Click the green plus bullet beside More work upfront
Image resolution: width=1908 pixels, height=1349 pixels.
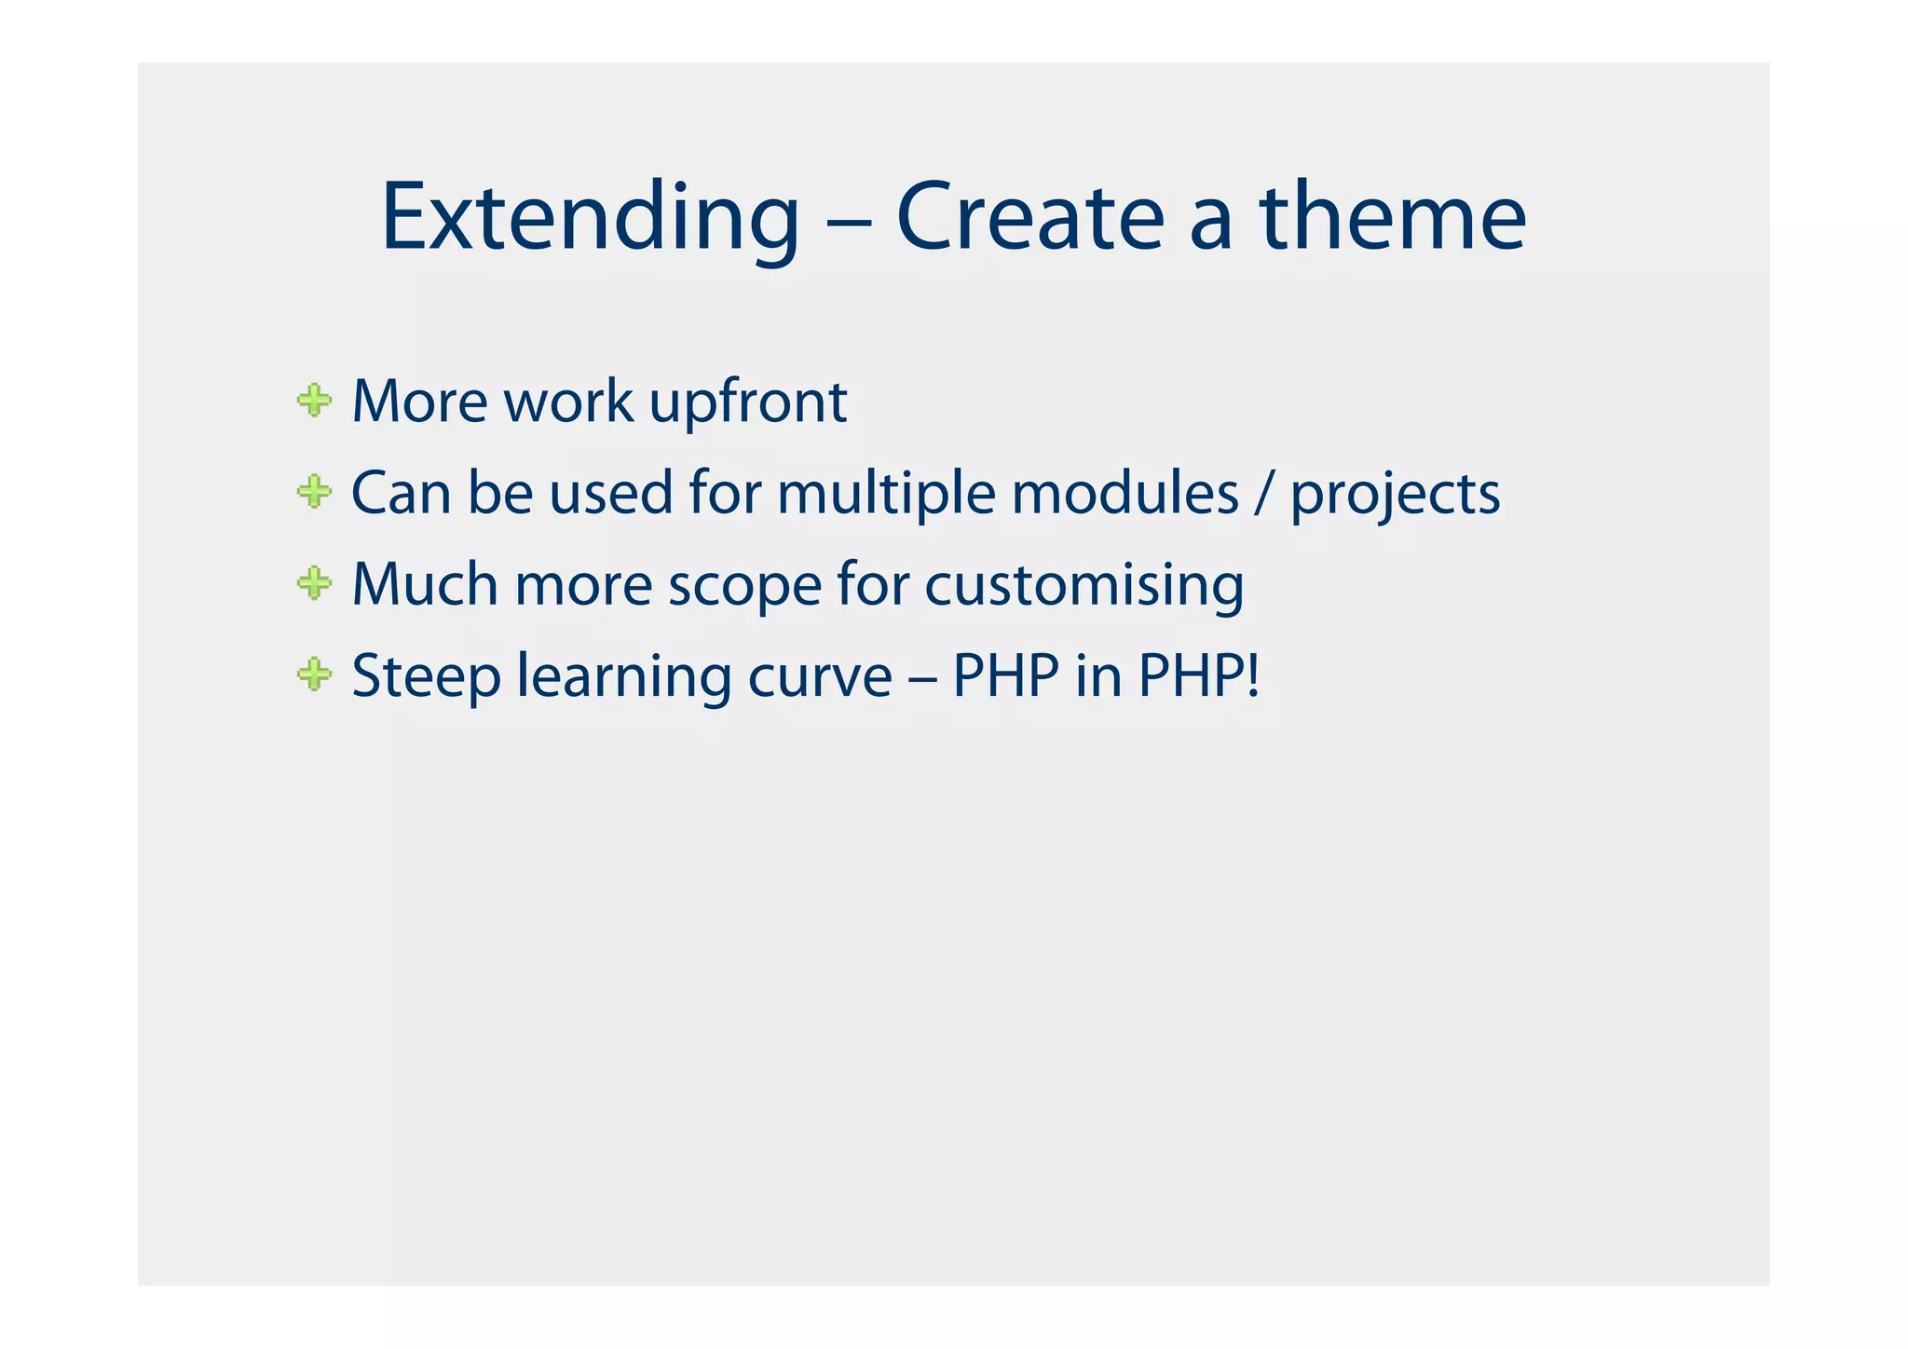(x=314, y=402)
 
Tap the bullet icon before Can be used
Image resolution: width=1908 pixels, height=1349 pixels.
(x=314, y=492)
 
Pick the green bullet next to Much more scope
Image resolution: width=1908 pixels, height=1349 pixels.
(x=314, y=584)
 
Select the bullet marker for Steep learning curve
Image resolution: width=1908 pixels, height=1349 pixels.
(x=314, y=674)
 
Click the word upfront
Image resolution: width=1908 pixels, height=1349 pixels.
(x=747, y=403)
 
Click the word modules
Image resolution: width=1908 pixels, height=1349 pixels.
(x=1124, y=494)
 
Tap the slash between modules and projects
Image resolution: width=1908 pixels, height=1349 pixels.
(x=1263, y=494)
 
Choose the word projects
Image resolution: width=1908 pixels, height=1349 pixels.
(x=1395, y=496)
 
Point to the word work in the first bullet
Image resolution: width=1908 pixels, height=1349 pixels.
(x=567, y=402)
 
